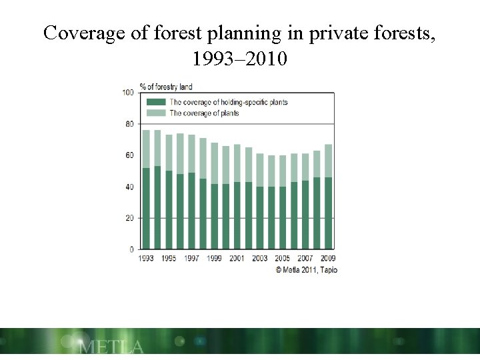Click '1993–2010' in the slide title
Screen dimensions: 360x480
pos(239,59)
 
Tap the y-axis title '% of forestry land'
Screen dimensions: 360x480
pos(165,87)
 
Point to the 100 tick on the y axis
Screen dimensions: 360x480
pos(128,93)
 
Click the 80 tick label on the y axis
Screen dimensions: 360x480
pos(129,124)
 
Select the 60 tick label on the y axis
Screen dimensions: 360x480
pos(129,155)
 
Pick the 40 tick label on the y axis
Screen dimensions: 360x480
pos(129,187)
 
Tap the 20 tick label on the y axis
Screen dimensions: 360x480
pos(129,218)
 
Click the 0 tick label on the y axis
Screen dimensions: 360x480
pos(131,249)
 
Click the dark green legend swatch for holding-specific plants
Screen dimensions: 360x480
pos(156,102)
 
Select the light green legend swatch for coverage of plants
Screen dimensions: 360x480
pos(156,113)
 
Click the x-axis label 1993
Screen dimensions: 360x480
pos(146,259)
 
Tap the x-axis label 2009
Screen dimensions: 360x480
pos(327,259)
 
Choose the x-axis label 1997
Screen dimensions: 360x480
pos(192,259)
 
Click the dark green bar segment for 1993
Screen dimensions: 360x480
pos(146,208)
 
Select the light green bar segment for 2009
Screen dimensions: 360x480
pos(328,161)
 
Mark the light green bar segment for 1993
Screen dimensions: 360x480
pos(146,149)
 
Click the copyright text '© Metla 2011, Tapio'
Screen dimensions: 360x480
pos(306,270)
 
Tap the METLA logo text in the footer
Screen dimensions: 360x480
pos(111,347)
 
